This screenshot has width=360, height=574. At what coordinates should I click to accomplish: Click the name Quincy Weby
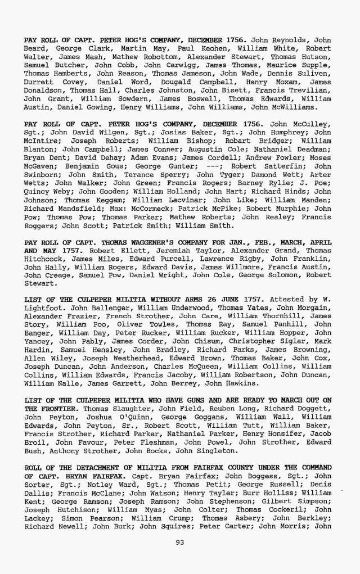tap(47, 191)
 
